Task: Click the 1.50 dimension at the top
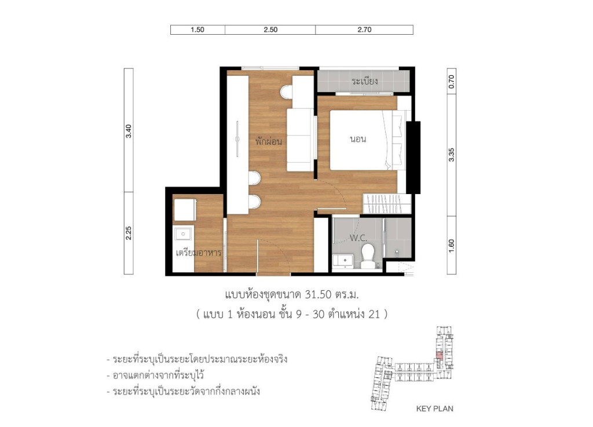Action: (197, 30)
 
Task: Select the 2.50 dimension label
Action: (270, 30)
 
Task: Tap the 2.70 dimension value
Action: (364, 30)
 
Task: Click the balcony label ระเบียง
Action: (365, 82)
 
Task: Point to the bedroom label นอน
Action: (359, 140)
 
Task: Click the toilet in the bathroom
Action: (368, 255)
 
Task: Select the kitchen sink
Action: (185, 234)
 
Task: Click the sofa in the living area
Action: (301, 139)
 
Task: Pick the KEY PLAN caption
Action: (434, 408)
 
